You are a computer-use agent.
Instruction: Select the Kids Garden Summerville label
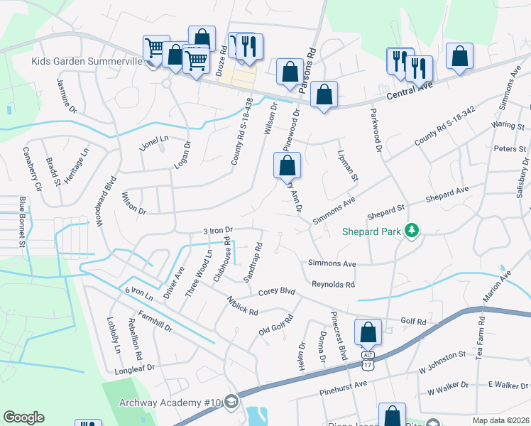[87, 61]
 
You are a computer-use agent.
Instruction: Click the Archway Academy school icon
[230, 403]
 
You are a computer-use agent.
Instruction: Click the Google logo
[23, 417]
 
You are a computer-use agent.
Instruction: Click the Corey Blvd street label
[276, 291]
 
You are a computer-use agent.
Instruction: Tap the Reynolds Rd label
[333, 284]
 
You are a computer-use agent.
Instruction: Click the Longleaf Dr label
[134, 370]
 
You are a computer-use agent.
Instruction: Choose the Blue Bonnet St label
[22, 222]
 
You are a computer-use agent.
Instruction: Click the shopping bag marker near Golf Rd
[368, 332]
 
